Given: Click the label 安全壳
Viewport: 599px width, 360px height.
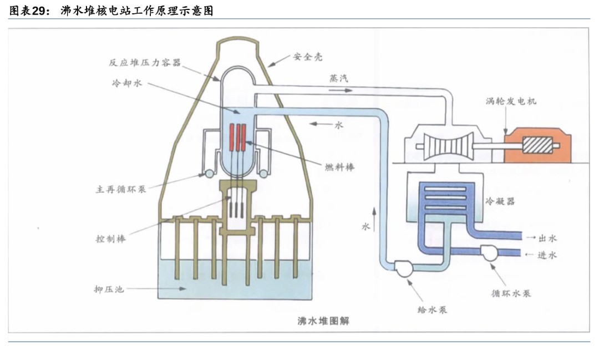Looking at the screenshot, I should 308,57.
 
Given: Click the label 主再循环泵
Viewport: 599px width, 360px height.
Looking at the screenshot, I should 120,189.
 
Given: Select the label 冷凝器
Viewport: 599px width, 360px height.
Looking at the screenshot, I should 500,201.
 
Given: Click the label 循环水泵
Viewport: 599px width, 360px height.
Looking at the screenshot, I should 511,292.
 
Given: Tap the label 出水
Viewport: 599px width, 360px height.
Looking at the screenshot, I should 547,238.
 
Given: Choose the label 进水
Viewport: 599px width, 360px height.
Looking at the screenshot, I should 547,255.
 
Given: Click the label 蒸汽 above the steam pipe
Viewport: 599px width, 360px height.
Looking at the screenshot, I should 339,79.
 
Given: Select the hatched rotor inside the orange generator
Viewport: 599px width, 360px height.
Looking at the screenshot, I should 537,146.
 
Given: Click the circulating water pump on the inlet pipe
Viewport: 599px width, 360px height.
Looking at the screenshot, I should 490,253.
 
